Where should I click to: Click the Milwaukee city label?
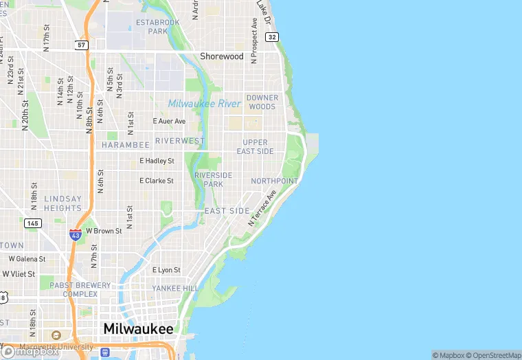click(138, 329)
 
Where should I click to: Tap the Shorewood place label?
click(221, 56)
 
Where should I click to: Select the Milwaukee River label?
click(205, 104)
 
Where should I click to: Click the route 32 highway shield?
click(273, 36)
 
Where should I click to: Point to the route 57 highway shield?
click(82, 45)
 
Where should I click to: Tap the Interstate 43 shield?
click(76, 234)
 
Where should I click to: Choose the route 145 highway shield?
click(32, 223)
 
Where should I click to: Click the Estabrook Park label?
click(157, 27)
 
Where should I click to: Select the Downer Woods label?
click(261, 102)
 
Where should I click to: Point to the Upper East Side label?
click(255, 147)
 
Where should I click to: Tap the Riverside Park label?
click(213, 179)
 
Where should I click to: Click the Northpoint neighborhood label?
click(275, 181)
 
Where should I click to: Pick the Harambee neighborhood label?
click(125, 145)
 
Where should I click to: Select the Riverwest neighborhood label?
click(180, 141)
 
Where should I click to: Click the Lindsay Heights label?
click(63, 203)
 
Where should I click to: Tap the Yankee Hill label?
click(175, 289)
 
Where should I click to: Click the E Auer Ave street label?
click(169, 121)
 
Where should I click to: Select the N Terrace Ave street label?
click(262, 208)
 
